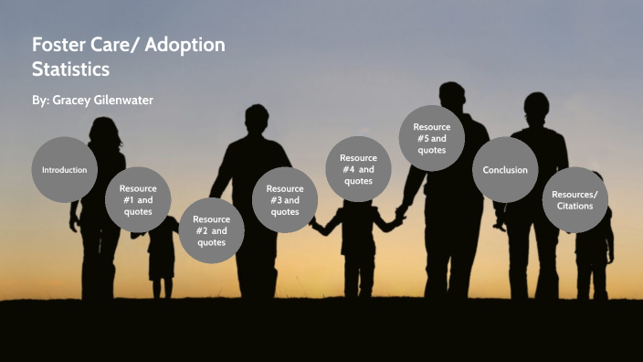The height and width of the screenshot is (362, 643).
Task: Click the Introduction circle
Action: point(64,170)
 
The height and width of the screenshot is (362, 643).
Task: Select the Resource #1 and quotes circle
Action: point(138,200)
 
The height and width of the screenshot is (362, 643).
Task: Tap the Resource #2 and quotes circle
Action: point(211,230)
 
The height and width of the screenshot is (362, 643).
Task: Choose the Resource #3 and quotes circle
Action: point(284,200)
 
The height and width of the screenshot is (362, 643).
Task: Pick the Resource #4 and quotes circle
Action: point(358,169)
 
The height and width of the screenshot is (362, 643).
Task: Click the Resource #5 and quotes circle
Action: point(431,138)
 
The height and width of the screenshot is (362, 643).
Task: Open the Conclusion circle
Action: point(504,170)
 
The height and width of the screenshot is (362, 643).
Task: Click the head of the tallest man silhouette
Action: point(451,98)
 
